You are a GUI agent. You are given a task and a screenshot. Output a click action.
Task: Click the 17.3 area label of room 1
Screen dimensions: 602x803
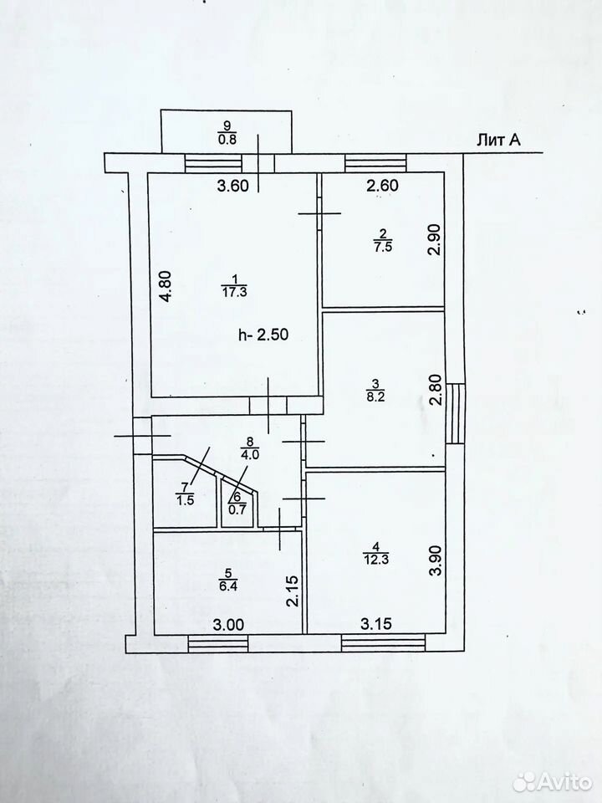click(x=234, y=293)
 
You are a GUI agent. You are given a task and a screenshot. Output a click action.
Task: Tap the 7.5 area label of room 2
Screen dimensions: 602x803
click(x=383, y=247)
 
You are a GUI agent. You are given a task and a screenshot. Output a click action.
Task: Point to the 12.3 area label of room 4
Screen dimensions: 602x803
click(x=375, y=560)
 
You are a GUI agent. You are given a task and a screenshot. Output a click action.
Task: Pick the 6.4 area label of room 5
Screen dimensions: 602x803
click(x=227, y=586)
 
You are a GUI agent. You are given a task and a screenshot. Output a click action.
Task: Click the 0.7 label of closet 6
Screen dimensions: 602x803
click(x=237, y=510)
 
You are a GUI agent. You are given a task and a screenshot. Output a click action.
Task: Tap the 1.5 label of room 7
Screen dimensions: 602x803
click(x=185, y=501)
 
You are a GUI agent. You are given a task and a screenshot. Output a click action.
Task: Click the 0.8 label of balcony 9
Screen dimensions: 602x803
click(x=227, y=140)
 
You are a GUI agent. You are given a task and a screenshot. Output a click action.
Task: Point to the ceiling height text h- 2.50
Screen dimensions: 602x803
click(x=263, y=335)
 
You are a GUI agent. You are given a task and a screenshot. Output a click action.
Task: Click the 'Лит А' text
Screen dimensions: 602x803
click(x=498, y=141)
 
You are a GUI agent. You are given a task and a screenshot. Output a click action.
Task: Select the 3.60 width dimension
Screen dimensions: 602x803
click(x=233, y=185)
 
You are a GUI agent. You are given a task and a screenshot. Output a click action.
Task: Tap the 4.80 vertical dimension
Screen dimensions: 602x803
click(x=167, y=287)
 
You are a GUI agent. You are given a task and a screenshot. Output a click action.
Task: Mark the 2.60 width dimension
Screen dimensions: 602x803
click(x=382, y=185)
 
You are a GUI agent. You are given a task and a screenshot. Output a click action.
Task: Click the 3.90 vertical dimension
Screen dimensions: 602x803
click(x=436, y=560)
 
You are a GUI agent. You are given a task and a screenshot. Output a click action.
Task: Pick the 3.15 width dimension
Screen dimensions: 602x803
click(x=376, y=624)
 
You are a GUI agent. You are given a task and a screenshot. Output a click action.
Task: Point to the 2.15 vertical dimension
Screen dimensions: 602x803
click(x=292, y=591)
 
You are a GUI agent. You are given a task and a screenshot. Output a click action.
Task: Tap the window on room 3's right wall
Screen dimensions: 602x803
click(x=456, y=413)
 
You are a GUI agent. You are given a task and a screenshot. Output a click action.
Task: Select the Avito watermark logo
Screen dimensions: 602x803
click(x=552, y=782)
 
